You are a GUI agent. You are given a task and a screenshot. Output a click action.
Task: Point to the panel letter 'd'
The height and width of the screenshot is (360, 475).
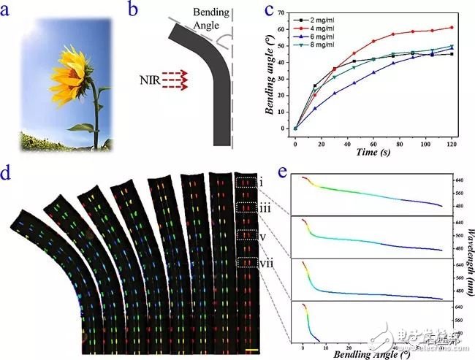tap(9, 175)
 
